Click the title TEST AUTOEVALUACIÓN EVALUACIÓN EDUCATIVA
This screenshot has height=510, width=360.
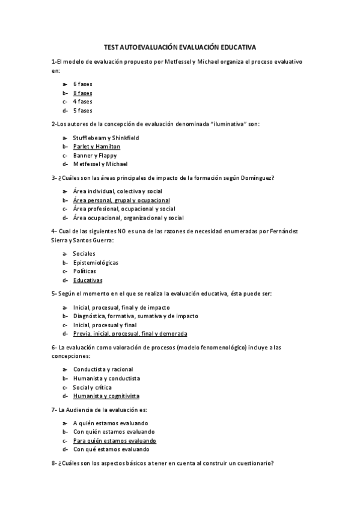(x=180, y=46)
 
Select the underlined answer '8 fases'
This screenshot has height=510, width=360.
(x=82, y=93)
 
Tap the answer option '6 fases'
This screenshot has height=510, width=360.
(x=82, y=84)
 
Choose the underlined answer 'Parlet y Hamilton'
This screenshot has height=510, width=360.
(x=97, y=146)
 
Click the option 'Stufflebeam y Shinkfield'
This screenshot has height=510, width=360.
(x=106, y=138)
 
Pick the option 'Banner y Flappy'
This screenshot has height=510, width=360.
(x=95, y=155)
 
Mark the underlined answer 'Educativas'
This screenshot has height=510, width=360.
(x=88, y=280)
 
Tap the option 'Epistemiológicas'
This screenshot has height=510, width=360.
(x=96, y=262)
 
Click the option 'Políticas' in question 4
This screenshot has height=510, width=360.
(x=84, y=271)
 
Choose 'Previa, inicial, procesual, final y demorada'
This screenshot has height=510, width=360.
(x=130, y=333)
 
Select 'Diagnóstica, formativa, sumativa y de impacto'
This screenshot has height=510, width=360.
(x=135, y=316)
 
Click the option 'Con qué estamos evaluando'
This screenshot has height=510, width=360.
(x=111, y=449)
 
